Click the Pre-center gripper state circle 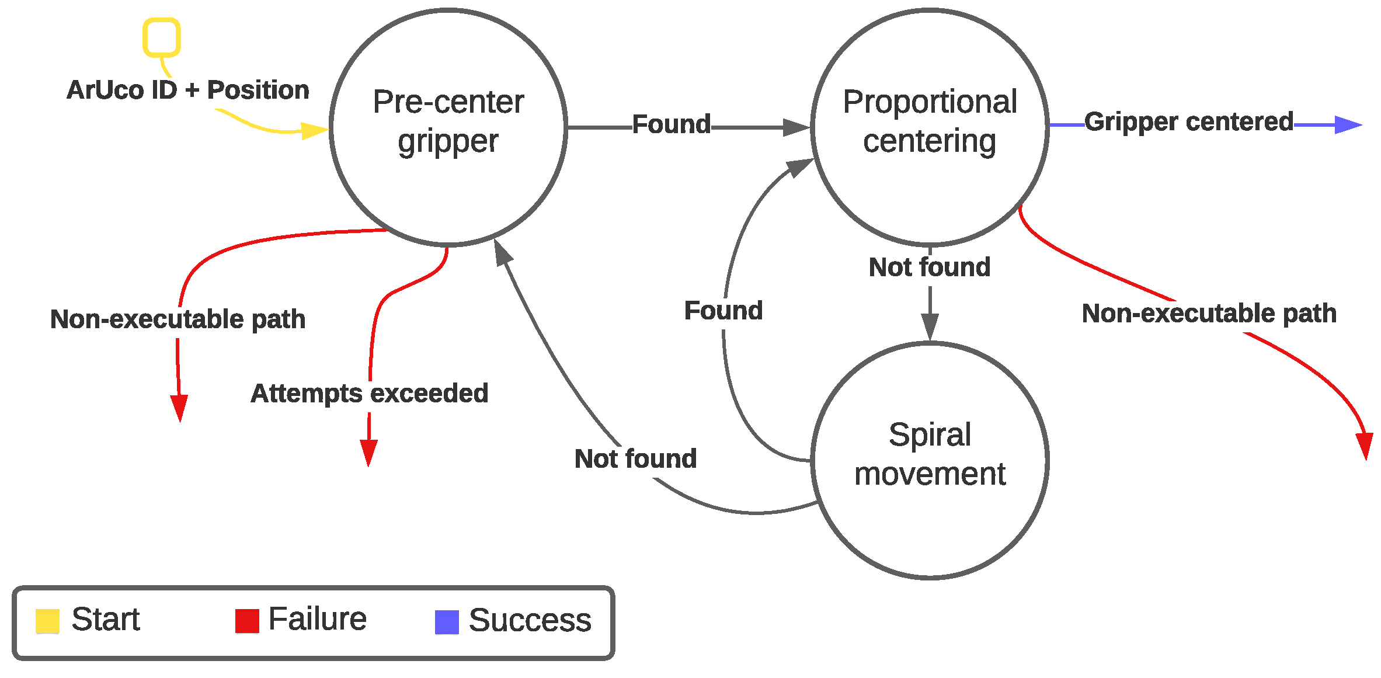[448, 127]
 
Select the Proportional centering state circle [930, 127]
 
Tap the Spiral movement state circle [930, 460]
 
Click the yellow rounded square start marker [162, 38]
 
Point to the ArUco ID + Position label [187, 90]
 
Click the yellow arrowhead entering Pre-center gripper [315, 130]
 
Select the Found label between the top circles [672, 124]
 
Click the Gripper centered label [1189, 122]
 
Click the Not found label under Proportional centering [930, 267]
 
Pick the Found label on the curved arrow [723, 311]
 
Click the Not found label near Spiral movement [635, 458]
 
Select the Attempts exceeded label [369, 393]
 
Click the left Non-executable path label [178, 319]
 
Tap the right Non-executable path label [1209, 314]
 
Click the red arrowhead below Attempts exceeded [368, 452]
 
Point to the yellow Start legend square [47, 621]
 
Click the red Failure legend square [247, 621]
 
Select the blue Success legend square [447, 622]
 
